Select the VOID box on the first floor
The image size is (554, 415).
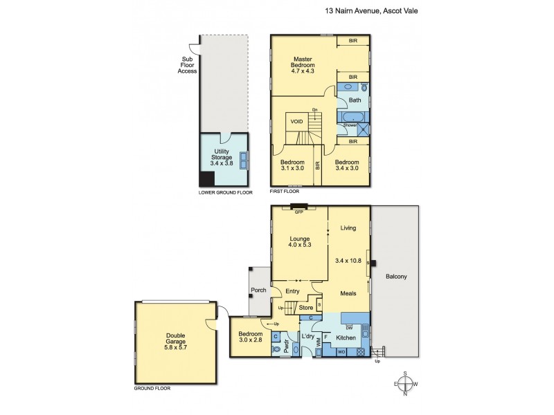(297, 121)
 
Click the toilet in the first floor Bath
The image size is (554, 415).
(364, 88)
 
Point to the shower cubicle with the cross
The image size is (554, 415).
(361, 129)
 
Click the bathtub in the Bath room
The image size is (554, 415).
(346, 118)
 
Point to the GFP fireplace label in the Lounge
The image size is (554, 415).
(300, 212)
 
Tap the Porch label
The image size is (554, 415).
(259, 290)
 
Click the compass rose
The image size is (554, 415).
(406, 384)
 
